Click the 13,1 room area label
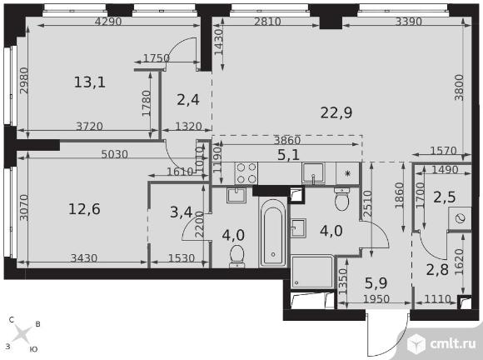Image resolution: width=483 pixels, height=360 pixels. coord(90,82)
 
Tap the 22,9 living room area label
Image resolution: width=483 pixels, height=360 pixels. coord(336,112)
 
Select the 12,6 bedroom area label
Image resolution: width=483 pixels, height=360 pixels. coord(84,209)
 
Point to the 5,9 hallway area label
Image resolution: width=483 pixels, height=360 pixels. coord(376,283)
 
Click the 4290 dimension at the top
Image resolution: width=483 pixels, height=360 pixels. coord(108,22)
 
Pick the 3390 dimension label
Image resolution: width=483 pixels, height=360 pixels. coord(408,22)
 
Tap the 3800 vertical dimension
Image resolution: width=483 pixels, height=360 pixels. coord(460,87)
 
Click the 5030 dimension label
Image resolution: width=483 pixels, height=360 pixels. coord(115,154)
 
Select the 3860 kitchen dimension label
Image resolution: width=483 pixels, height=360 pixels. coord(287,141)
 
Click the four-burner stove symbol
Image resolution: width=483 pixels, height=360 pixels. coord(246,173)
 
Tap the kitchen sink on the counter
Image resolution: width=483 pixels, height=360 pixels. coord(314,173)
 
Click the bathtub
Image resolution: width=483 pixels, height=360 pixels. coord(272,232)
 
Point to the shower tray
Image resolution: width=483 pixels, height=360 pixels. coord(312,272)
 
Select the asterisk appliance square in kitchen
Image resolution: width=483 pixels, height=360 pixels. coord(348,173)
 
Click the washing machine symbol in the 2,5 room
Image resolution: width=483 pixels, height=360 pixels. coord(460,218)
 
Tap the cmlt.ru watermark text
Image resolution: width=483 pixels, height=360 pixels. coord(452,344)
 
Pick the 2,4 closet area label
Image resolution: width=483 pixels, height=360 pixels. coord(188,100)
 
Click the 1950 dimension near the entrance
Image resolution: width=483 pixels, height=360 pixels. coord(376,299)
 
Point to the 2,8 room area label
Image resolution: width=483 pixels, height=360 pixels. coord(437,270)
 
